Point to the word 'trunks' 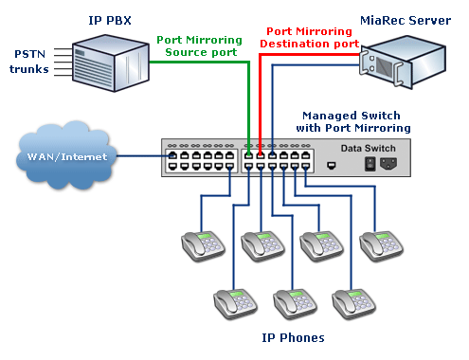tap(29, 69)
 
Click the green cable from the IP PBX tap(249, 95)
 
